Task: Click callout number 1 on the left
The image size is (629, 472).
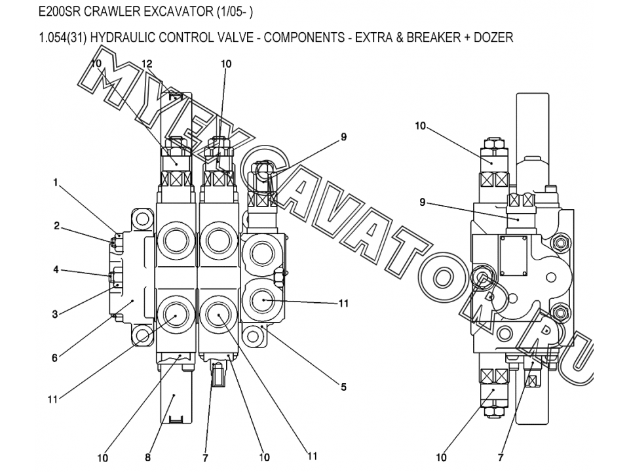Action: [56, 183]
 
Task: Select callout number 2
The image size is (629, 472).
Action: [56, 226]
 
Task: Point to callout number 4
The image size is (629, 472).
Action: [56, 269]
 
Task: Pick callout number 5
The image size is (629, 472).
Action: [343, 387]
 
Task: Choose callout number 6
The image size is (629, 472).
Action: [55, 358]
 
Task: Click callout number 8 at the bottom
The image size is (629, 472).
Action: [148, 458]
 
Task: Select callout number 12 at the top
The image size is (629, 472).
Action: [147, 64]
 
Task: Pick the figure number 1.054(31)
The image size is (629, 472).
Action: [63, 37]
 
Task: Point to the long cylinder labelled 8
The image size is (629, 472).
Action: [175, 397]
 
